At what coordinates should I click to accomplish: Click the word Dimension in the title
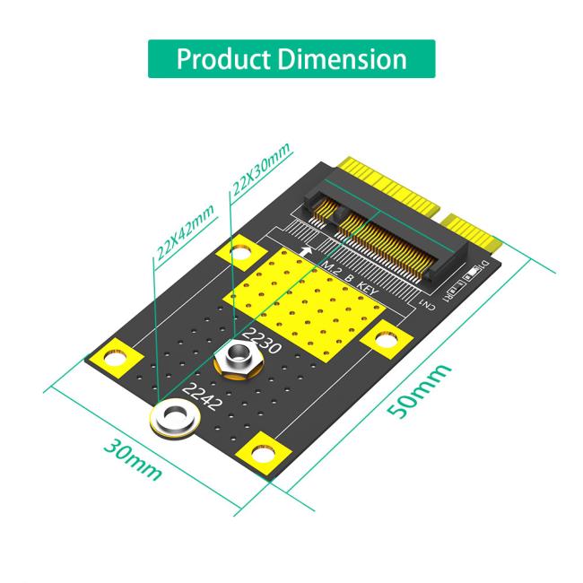coord(343,59)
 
